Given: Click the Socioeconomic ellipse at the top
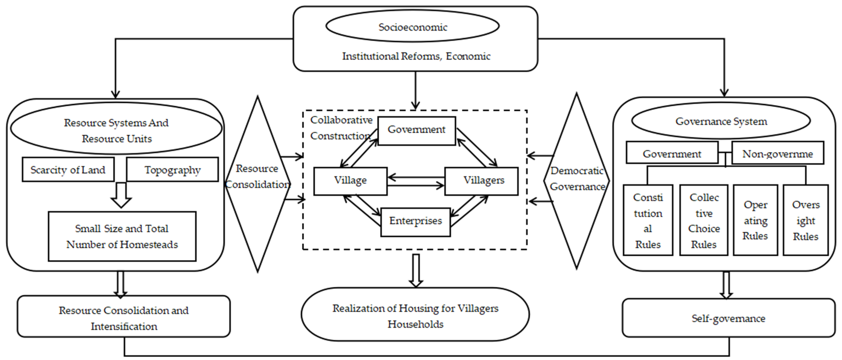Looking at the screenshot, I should tap(412, 26).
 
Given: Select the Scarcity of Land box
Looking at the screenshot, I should tap(68, 169).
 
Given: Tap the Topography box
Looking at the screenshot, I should tap(172, 169).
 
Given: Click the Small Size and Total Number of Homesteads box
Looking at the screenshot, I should tap(122, 236).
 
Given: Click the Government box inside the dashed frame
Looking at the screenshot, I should tap(416, 130).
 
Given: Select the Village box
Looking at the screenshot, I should tap(350, 181).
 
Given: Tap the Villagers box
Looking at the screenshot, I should tap(481, 181).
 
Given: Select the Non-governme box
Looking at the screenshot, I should tap(777, 153).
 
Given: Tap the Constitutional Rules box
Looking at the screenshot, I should tap(648, 220).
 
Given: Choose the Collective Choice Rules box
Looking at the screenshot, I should tap(703, 220).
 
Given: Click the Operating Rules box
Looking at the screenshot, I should tap(755, 220).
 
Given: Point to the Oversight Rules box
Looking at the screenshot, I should tap(805, 220).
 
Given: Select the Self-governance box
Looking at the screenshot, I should tap(728, 318).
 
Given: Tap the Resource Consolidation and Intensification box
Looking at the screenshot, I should tap(124, 316).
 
